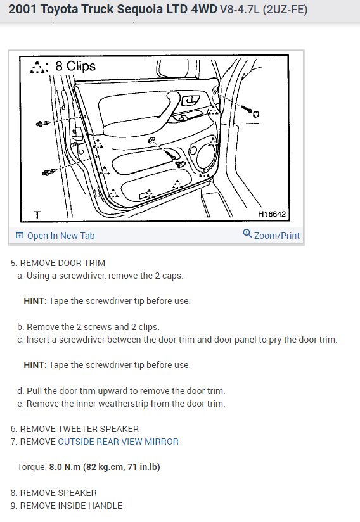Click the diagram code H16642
272,214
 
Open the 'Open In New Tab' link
55,236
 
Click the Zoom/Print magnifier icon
247,233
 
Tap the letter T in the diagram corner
37,215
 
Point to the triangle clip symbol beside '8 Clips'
39,67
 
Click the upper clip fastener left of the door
42,124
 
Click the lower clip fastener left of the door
49,172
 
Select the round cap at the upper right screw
256,114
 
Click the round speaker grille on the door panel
205,156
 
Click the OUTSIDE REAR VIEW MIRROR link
119,442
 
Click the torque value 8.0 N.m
65,467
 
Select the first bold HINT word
35,301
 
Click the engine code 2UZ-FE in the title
285,10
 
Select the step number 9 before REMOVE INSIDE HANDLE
13,506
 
